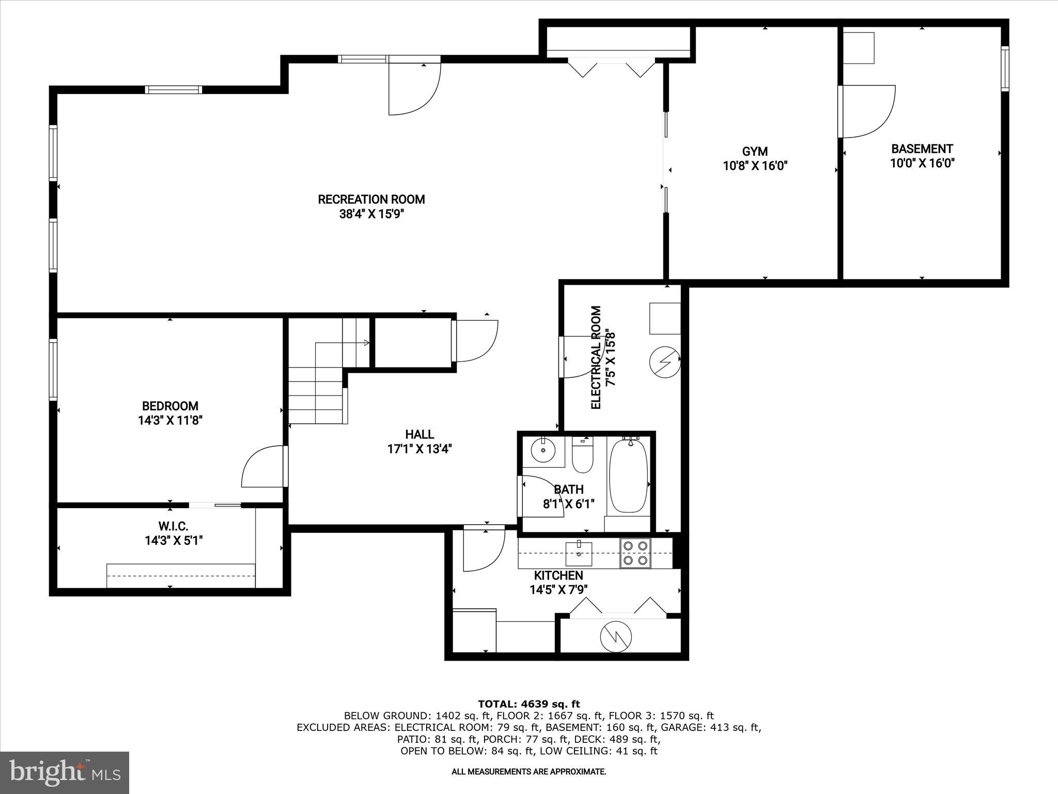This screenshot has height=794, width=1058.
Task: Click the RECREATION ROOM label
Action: point(371,200)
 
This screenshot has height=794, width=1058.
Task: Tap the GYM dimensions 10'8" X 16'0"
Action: point(755,166)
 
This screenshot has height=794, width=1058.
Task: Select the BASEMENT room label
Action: point(922,149)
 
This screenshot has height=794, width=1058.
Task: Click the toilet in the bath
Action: point(583,455)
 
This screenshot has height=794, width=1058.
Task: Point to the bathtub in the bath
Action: point(628,475)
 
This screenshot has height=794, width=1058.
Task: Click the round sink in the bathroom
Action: point(543,450)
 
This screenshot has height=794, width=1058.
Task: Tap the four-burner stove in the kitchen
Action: point(635,552)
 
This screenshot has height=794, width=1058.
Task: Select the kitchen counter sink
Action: point(579,553)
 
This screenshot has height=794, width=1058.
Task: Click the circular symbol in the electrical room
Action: point(664,362)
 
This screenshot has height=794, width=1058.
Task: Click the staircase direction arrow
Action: point(366,342)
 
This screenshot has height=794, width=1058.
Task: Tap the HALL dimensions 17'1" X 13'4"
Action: point(419,449)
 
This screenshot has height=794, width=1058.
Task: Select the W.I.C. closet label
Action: point(173,526)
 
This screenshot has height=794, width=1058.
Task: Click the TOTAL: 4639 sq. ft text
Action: point(528,704)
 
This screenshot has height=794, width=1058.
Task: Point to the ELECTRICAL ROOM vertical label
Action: point(596,358)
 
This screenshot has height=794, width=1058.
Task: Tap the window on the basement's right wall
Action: point(1004,69)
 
